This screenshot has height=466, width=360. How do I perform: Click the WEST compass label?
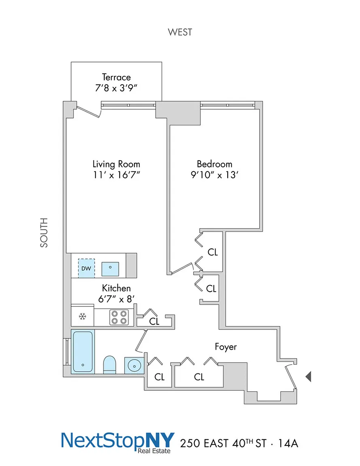coord(180,32)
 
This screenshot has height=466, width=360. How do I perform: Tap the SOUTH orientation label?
coord(44,233)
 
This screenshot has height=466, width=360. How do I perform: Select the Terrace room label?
coord(116,77)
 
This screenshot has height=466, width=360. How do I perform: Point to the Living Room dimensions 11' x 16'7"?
coord(116,175)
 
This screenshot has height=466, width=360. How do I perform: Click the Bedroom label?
coord(214,164)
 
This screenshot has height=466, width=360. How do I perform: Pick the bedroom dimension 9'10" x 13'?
coord(214,175)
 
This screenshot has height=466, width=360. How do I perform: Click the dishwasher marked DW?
coord(86,268)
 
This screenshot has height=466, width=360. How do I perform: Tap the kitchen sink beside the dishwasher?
coord(110,269)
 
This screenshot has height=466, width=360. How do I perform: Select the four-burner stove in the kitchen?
coord(119,317)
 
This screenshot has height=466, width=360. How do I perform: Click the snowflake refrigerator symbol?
coord(83,316)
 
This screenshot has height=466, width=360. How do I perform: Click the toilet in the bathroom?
coord(109,364)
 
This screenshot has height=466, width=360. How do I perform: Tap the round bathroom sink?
coord(134,365)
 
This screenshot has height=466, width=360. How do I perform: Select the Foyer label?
coord(226,347)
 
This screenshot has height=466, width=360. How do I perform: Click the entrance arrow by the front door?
coord(308,377)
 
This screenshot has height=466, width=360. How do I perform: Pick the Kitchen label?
coord(116,288)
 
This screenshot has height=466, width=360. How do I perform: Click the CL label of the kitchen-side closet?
coord(154,321)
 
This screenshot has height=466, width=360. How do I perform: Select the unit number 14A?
coord(288,443)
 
